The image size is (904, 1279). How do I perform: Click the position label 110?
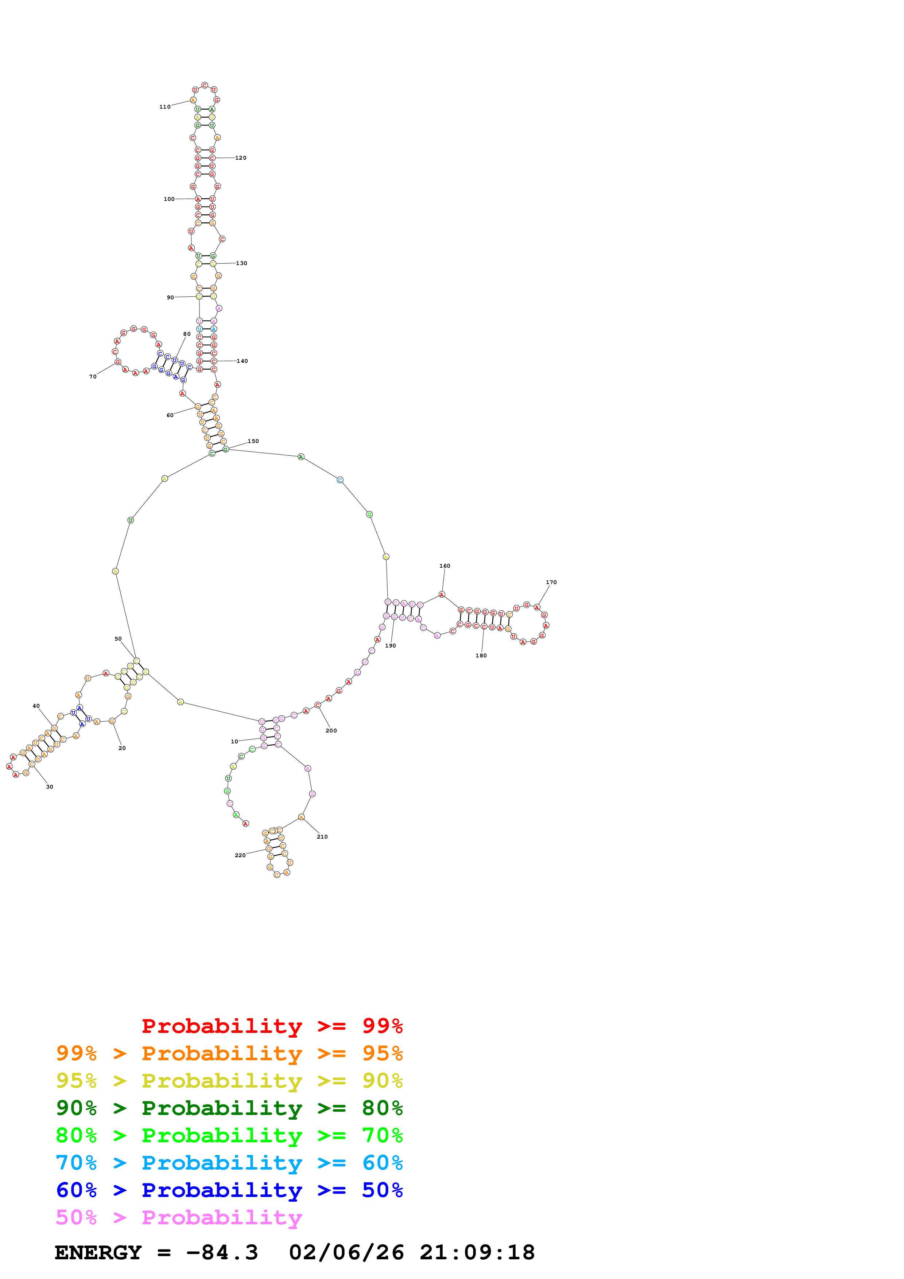click(165, 107)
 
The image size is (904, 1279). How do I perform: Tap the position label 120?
click(241, 158)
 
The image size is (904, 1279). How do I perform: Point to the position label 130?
click(241, 264)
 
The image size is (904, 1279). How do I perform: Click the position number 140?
click(242, 361)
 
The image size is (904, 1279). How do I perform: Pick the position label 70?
click(93, 377)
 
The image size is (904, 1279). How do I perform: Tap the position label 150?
click(253, 441)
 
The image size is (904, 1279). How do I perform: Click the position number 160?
click(445, 566)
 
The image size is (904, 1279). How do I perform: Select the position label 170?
click(551, 582)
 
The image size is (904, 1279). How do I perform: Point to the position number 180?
click(481, 656)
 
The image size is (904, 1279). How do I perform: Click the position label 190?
click(391, 646)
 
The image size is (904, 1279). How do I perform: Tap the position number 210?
click(322, 837)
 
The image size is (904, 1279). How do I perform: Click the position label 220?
click(240, 855)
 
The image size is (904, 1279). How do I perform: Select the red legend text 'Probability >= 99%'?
click(272, 1026)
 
